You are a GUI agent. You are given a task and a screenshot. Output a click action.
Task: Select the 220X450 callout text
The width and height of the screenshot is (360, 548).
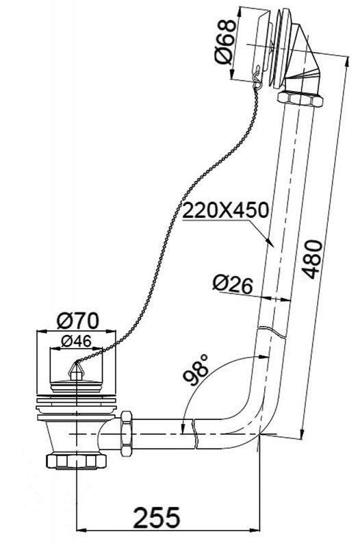click(x=225, y=210)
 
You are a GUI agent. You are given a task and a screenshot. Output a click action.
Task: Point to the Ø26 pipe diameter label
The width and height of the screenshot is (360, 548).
click(x=231, y=283)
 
